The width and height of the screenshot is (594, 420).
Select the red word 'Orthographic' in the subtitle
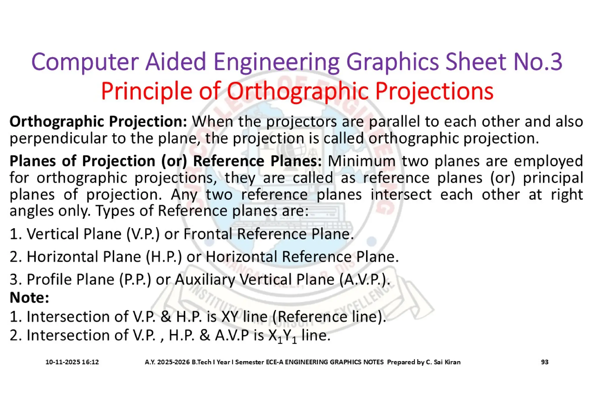pos(297,91)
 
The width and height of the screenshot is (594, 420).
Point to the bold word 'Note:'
pos(29,298)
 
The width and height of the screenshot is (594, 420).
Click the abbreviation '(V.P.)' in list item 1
pos(143,234)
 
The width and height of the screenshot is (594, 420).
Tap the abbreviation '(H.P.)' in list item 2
pos(164,257)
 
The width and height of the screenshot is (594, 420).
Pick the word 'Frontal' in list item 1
pos(208,234)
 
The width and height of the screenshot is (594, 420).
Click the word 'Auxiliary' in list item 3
pos(205,280)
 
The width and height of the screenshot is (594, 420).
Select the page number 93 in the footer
pos(545,362)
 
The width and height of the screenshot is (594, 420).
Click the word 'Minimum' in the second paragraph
pos(361,161)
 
